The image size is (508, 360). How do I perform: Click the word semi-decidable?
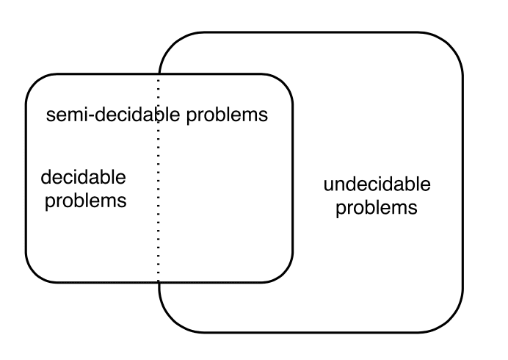(113, 114)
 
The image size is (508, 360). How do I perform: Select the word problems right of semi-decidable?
(227, 116)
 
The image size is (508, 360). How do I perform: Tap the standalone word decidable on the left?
(83, 177)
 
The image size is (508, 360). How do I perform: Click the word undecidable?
(377, 184)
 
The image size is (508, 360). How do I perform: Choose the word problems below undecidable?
(377, 208)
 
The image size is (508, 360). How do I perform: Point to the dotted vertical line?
(158, 179)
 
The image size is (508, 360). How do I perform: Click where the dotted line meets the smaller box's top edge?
(159, 75)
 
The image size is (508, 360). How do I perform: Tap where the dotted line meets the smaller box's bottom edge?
(159, 282)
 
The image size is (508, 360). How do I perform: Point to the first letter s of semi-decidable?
(50, 116)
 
